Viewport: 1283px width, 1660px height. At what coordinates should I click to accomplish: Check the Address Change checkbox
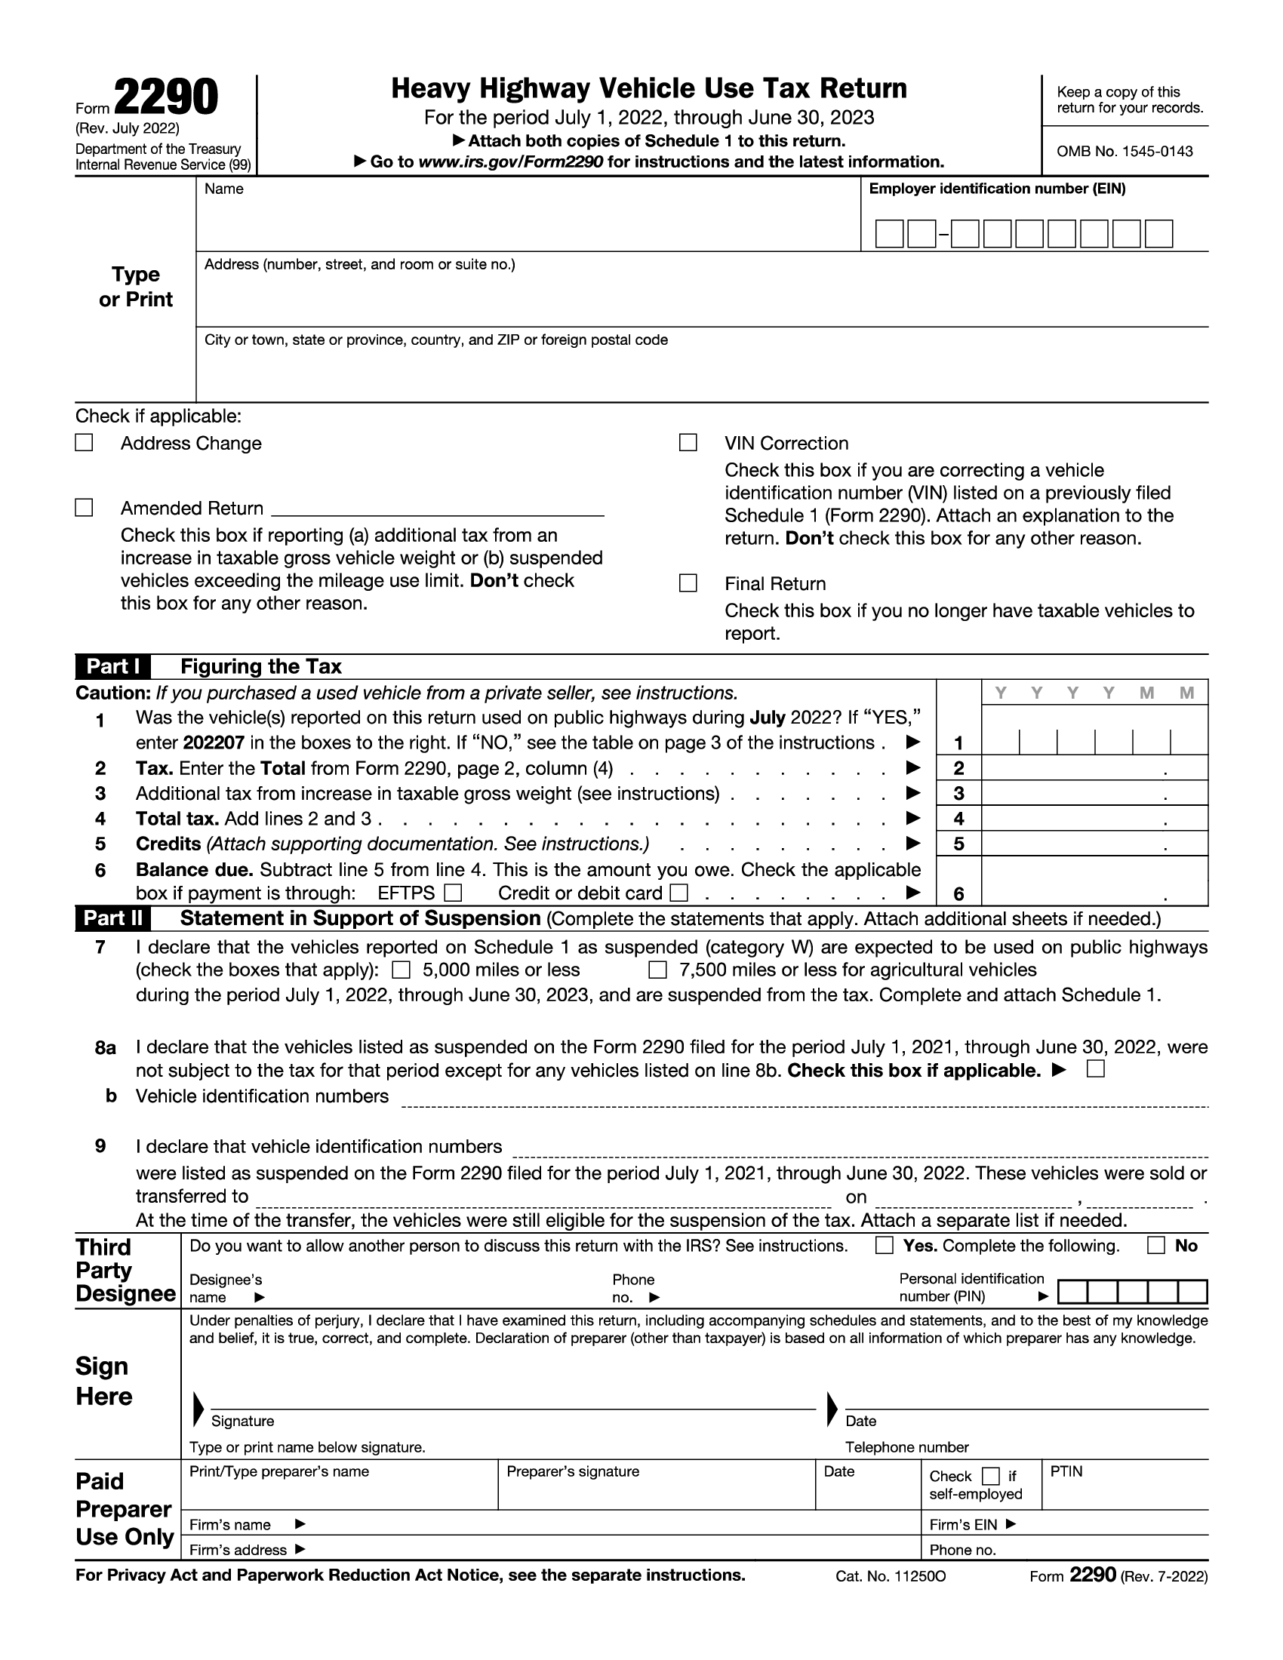pos(84,442)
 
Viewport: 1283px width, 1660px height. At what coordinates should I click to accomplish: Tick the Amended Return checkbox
pos(84,508)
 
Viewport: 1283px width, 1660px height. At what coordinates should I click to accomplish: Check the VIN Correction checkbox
pos(688,442)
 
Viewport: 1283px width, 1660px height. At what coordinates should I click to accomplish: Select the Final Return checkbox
pos(688,583)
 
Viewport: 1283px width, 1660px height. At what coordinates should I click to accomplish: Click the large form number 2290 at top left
pos(166,99)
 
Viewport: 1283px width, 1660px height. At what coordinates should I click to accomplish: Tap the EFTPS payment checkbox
pos(453,892)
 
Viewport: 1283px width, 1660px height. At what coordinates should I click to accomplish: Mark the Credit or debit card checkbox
pos(679,892)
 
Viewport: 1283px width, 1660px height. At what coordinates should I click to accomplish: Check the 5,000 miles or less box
pos(401,970)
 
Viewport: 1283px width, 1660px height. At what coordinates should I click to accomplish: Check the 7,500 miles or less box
pos(657,970)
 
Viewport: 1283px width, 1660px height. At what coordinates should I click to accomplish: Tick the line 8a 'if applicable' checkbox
pos(1095,1069)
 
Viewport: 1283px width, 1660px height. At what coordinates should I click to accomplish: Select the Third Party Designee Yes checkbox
pos(884,1245)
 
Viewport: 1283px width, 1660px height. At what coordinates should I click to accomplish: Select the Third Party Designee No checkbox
pos(1155,1245)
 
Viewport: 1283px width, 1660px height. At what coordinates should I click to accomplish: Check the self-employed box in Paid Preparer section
pos(990,1476)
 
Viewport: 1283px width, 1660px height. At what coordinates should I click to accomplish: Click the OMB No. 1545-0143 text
pos(1125,151)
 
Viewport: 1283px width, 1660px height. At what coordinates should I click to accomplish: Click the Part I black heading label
pos(112,666)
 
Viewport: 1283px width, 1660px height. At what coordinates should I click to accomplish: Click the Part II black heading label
pos(112,918)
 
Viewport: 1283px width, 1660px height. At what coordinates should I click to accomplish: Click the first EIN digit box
pos(889,234)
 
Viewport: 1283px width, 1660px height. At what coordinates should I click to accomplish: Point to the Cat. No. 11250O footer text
pos(890,1576)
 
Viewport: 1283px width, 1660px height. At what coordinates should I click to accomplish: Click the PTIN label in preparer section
pos(1066,1471)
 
